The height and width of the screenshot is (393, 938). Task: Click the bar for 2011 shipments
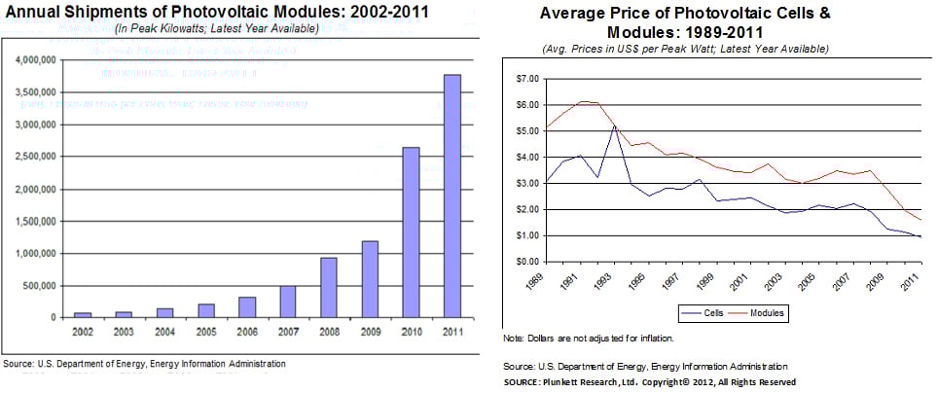451,196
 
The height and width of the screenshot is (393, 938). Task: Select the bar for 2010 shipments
411,232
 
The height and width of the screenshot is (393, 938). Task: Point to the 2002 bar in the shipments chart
82,314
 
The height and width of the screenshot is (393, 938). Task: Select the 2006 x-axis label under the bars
246,332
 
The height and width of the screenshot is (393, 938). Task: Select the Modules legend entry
769,313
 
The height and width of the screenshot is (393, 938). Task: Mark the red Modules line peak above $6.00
582,101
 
